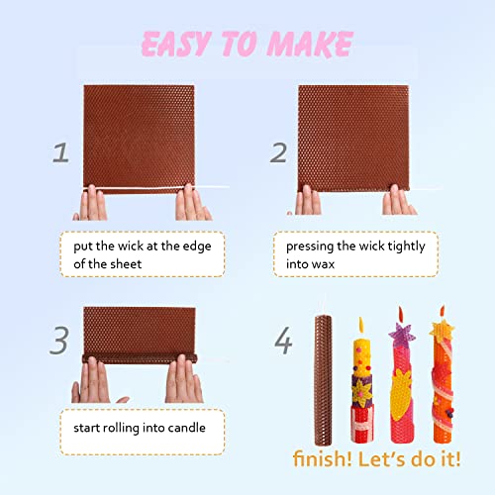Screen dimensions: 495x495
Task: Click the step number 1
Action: (x=61, y=153)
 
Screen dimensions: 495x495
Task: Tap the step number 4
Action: (x=283, y=342)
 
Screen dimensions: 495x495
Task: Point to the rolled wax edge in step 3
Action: (x=138, y=353)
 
